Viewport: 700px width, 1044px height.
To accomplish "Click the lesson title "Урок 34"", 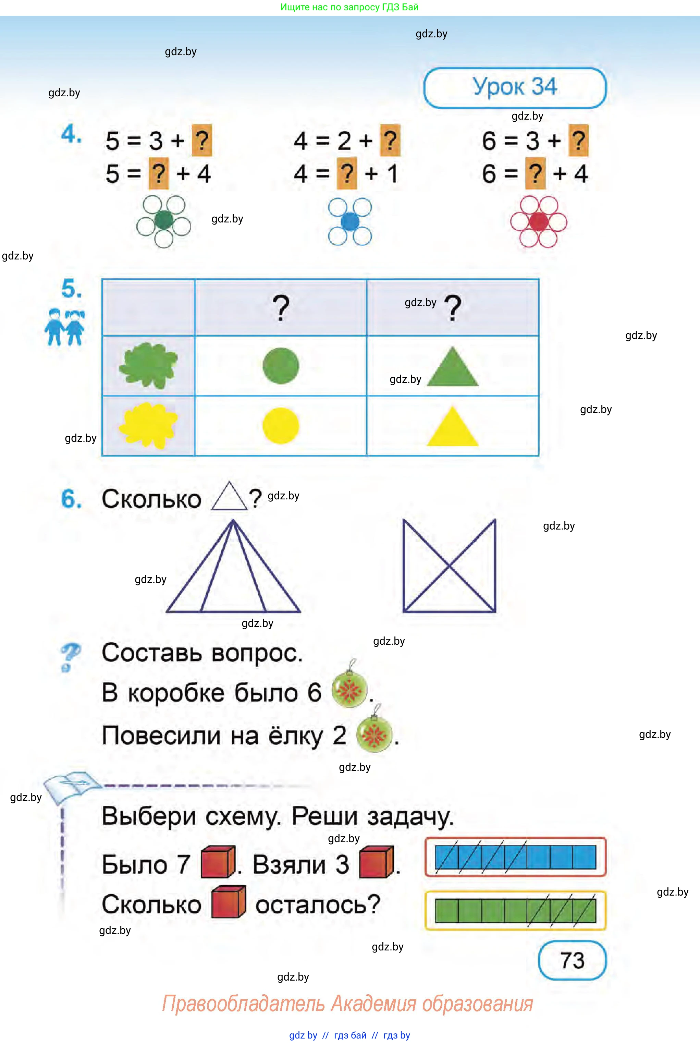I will click(x=514, y=87).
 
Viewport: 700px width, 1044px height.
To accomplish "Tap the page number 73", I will click(x=572, y=960).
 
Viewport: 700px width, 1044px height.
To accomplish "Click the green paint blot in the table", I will click(x=148, y=365).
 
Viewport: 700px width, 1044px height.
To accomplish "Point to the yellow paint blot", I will click(x=148, y=425).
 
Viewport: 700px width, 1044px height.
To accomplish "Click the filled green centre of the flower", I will click(x=163, y=220).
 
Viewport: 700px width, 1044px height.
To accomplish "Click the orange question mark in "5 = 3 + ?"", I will click(x=202, y=140).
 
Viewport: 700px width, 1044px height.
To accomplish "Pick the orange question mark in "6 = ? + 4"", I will click(x=535, y=174).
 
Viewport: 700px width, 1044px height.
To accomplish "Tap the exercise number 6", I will click(x=71, y=499).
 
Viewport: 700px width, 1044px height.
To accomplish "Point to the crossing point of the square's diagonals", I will click(x=449, y=566).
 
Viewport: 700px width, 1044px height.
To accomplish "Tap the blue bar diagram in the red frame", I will click(x=515, y=857).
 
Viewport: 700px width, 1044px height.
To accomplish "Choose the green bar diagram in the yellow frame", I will click(x=515, y=910).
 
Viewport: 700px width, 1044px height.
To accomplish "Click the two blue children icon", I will click(x=64, y=327).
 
